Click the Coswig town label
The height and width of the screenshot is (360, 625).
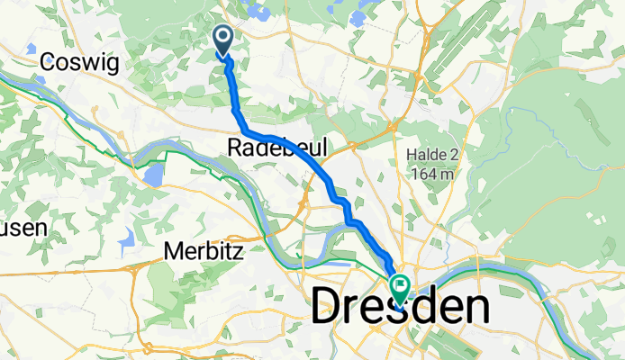77,63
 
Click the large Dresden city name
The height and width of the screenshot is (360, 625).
401,309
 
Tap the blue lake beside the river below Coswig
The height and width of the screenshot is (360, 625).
154,173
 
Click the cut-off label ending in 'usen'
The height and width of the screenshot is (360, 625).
22,229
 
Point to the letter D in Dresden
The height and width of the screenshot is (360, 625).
330,309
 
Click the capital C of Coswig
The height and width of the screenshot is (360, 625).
49,63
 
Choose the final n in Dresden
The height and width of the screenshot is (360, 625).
476,309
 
